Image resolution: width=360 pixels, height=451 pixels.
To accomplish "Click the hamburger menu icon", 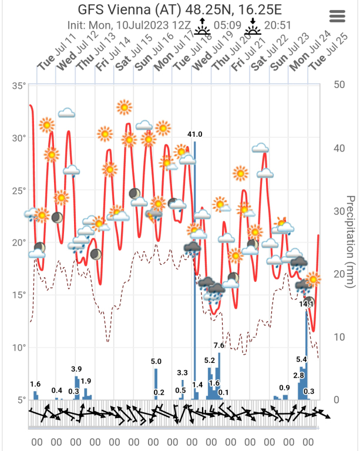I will (x=338, y=16).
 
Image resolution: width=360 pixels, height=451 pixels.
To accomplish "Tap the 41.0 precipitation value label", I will (x=195, y=134).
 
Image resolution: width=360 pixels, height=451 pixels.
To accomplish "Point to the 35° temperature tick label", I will (x=19, y=86).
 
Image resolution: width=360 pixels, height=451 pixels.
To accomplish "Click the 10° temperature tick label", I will (x=19, y=348).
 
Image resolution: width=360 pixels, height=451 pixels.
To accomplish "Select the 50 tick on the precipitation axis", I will (x=338, y=84).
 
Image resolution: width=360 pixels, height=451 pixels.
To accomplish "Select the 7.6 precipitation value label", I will (x=219, y=345).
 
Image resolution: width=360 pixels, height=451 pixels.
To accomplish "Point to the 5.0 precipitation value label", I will (x=156, y=361).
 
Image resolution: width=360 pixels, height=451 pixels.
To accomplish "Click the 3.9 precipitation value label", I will (x=76, y=369).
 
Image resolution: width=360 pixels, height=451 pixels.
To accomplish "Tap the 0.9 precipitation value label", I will (x=285, y=388).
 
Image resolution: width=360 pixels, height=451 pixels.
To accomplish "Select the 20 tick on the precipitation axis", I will (x=338, y=274).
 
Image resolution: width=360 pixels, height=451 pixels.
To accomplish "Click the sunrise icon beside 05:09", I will (x=203, y=27).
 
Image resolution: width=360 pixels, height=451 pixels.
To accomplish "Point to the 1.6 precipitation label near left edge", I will (x=35, y=384).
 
